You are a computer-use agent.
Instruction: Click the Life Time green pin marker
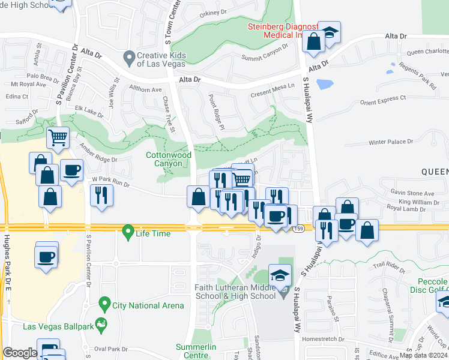pos(127,231)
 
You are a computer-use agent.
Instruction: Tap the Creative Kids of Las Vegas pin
pos(128,58)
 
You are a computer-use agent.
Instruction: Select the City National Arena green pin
pos(104,305)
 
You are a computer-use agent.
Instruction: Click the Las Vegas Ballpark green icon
pos(102,326)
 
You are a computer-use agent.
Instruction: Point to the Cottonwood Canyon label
pos(169,159)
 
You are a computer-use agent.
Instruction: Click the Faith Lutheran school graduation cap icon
pos(280,275)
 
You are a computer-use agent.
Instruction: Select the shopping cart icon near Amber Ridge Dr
pos(58,138)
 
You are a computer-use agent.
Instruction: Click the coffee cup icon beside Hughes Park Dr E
pos(47,257)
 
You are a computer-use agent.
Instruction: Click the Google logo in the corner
pos(20,353)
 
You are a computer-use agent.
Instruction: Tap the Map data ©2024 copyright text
pos(423,355)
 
